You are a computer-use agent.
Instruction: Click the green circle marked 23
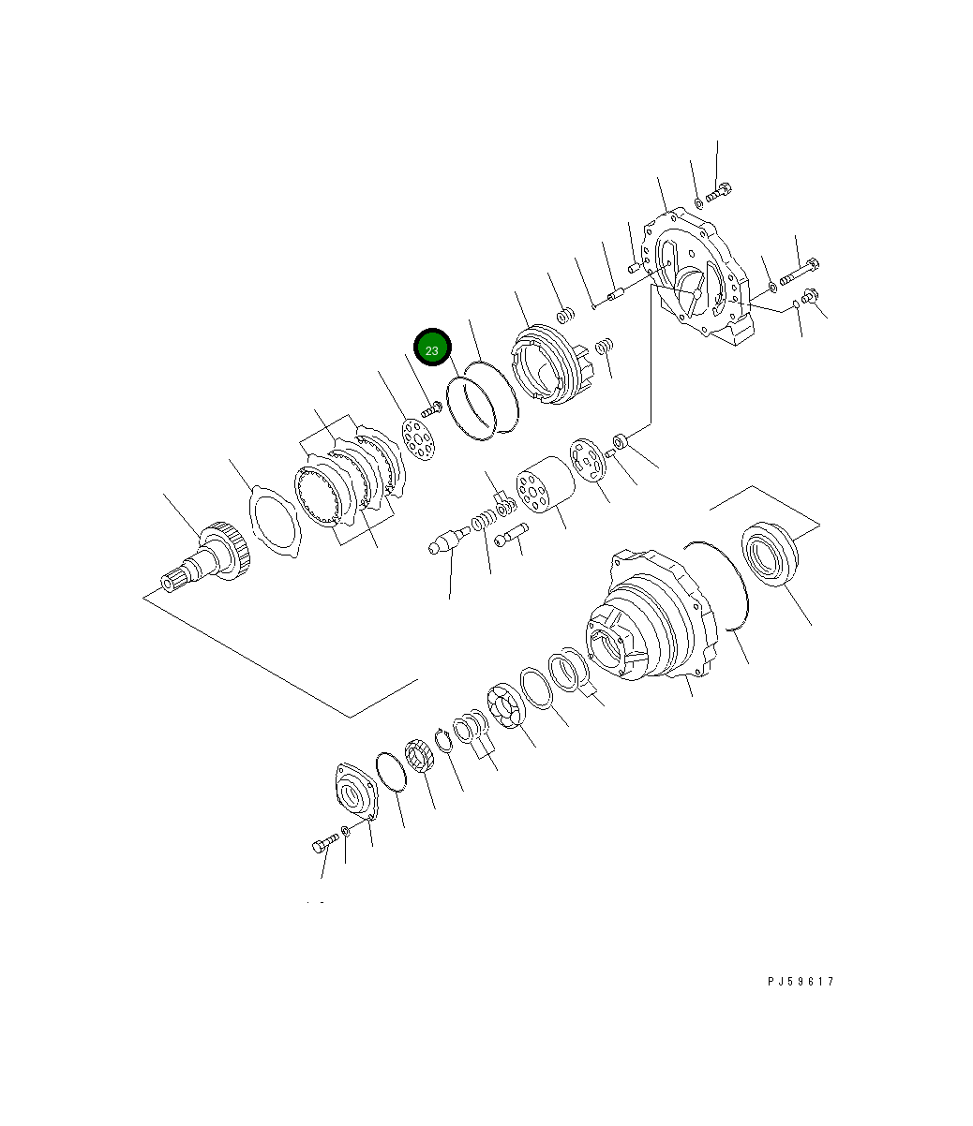click(x=432, y=350)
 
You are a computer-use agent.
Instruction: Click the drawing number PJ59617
click(x=800, y=982)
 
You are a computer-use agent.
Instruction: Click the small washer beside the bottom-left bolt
click(x=346, y=832)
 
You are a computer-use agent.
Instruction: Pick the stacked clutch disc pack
click(x=347, y=487)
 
